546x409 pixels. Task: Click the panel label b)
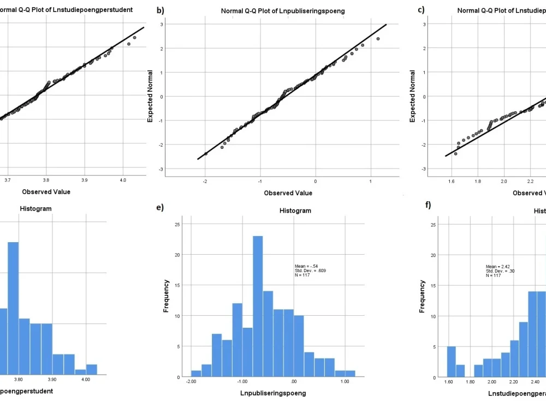tap(160, 10)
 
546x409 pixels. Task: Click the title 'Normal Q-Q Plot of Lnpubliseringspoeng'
tap(282, 11)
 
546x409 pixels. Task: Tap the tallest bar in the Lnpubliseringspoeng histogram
tap(258, 306)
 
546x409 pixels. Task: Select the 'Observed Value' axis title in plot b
tap(288, 193)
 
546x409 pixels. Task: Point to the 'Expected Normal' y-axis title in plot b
tap(151, 96)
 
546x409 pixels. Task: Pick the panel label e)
tap(160, 207)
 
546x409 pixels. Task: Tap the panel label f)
tap(428, 205)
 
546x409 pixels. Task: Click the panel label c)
tap(421, 10)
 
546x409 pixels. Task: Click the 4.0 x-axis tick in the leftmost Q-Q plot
tap(123, 179)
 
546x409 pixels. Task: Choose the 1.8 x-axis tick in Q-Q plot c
tap(478, 179)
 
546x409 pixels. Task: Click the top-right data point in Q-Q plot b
tap(378, 39)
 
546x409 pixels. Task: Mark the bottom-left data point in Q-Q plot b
tap(205, 154)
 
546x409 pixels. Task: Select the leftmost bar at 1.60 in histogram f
tap(451, 362)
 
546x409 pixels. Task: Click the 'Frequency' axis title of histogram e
tap(167, 296)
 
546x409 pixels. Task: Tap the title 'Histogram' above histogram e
tap(295, 210)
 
